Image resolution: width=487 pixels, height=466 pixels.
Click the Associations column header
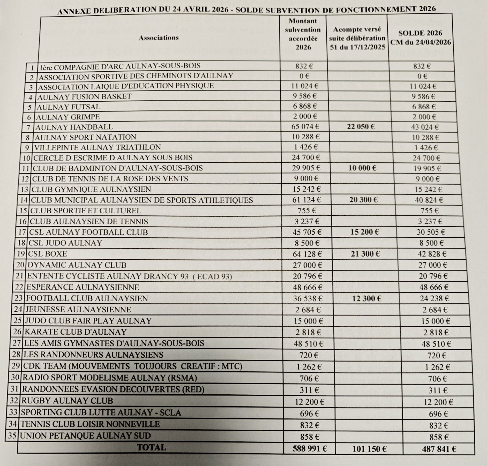pyautogui.click(x=159, y=38)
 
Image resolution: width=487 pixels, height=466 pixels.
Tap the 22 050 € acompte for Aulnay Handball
pyautogui.click(x=361, y=126)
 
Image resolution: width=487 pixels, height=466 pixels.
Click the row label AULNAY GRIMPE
pyautogui.click(x=68, y=117)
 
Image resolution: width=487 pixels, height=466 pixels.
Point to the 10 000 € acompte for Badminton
pyautogui.click(x=362, y=168)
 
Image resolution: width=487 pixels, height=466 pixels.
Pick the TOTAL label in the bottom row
pyautogui.click(x=152, y=447)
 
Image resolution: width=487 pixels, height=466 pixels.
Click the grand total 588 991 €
pyautogui.click(x=310, y=448)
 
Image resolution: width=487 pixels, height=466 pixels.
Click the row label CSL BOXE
pyautogui.click(x=48, y=254)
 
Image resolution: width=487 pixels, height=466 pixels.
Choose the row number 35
pyautogui.click(x=12, y=435)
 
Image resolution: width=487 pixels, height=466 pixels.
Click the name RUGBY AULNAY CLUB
pyautogui.click(x=67, y=401)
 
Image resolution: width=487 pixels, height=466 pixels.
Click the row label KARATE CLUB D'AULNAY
pyautogui.click(x=76, y=332)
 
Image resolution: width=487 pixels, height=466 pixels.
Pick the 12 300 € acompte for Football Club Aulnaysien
pyautogui.click(x=366, y=299)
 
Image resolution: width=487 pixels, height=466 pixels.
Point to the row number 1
pyautogui.click(x=32, y=68)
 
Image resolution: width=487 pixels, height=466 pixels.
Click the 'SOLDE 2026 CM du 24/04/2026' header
pyautogui.click(x=420, y=37)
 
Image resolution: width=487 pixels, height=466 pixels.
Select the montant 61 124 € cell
pyautogui.click(x=306, y=200)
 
